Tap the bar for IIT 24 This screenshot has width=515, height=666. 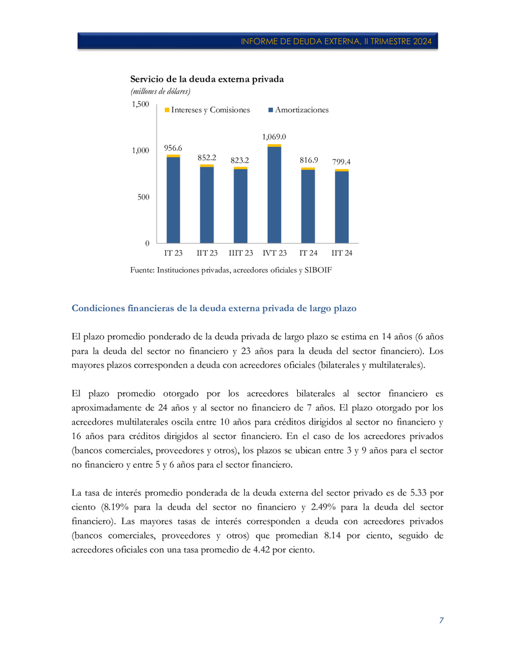click(341, 206)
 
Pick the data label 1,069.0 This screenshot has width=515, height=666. click(274, 137)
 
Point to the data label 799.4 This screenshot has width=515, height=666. click(341, 162)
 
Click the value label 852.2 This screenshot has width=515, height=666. click(207, 157)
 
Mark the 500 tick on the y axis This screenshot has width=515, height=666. click(143, 197)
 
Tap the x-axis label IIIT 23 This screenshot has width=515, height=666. click(240, 253)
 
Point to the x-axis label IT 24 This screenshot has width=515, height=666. click(308, 253)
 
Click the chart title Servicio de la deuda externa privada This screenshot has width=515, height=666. click(207, 79)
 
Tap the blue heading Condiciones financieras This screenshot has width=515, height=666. click(214, 308)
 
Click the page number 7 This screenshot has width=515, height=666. click(441, 620)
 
